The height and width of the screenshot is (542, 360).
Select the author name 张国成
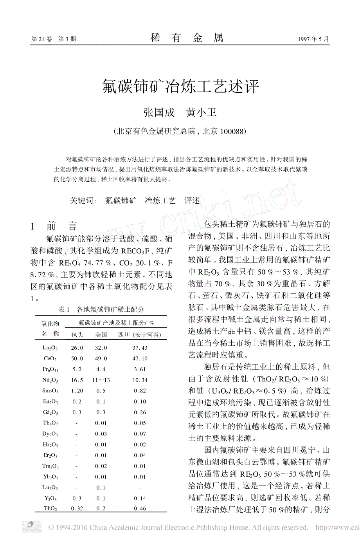click(159, 112)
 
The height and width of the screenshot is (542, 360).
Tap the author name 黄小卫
click(202, 112)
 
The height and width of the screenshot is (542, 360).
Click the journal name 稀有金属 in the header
click(187, 38)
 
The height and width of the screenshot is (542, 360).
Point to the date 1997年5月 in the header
click(313, 39)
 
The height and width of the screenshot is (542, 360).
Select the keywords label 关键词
click(82, 201)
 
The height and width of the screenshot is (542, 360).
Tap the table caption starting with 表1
click(101, 309)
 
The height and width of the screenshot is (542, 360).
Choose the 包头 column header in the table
click(77, 335)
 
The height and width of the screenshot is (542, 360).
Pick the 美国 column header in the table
click(101, 335)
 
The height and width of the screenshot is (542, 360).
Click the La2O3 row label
click(50, 348)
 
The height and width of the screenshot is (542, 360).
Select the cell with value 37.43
click(140, 348)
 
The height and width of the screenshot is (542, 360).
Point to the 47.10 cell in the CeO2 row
click(140, 359)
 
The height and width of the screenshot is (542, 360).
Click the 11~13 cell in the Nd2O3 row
click(101, 380)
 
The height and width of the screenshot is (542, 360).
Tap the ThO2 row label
click(50, 509)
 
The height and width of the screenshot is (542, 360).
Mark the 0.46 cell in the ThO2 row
click(140, 509)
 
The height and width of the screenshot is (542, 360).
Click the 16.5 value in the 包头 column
click(77, 380)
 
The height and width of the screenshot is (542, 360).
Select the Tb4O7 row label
click(50, 423)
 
